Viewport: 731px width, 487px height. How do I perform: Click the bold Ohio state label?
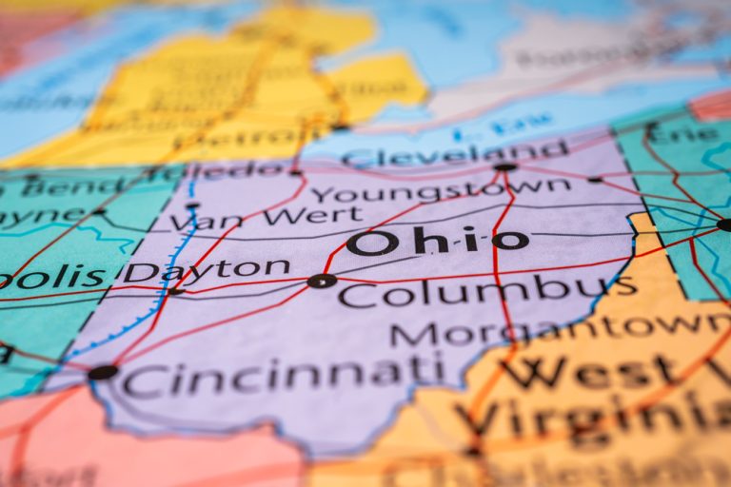point(437,242)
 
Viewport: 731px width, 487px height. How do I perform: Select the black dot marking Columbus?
point(322,281)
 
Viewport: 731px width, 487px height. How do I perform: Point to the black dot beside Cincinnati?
point(103,372)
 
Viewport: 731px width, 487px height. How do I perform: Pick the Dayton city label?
point(207,270)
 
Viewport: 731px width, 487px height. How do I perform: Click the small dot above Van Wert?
point(193,205)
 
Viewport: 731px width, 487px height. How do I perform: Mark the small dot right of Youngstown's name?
point(595,179)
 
